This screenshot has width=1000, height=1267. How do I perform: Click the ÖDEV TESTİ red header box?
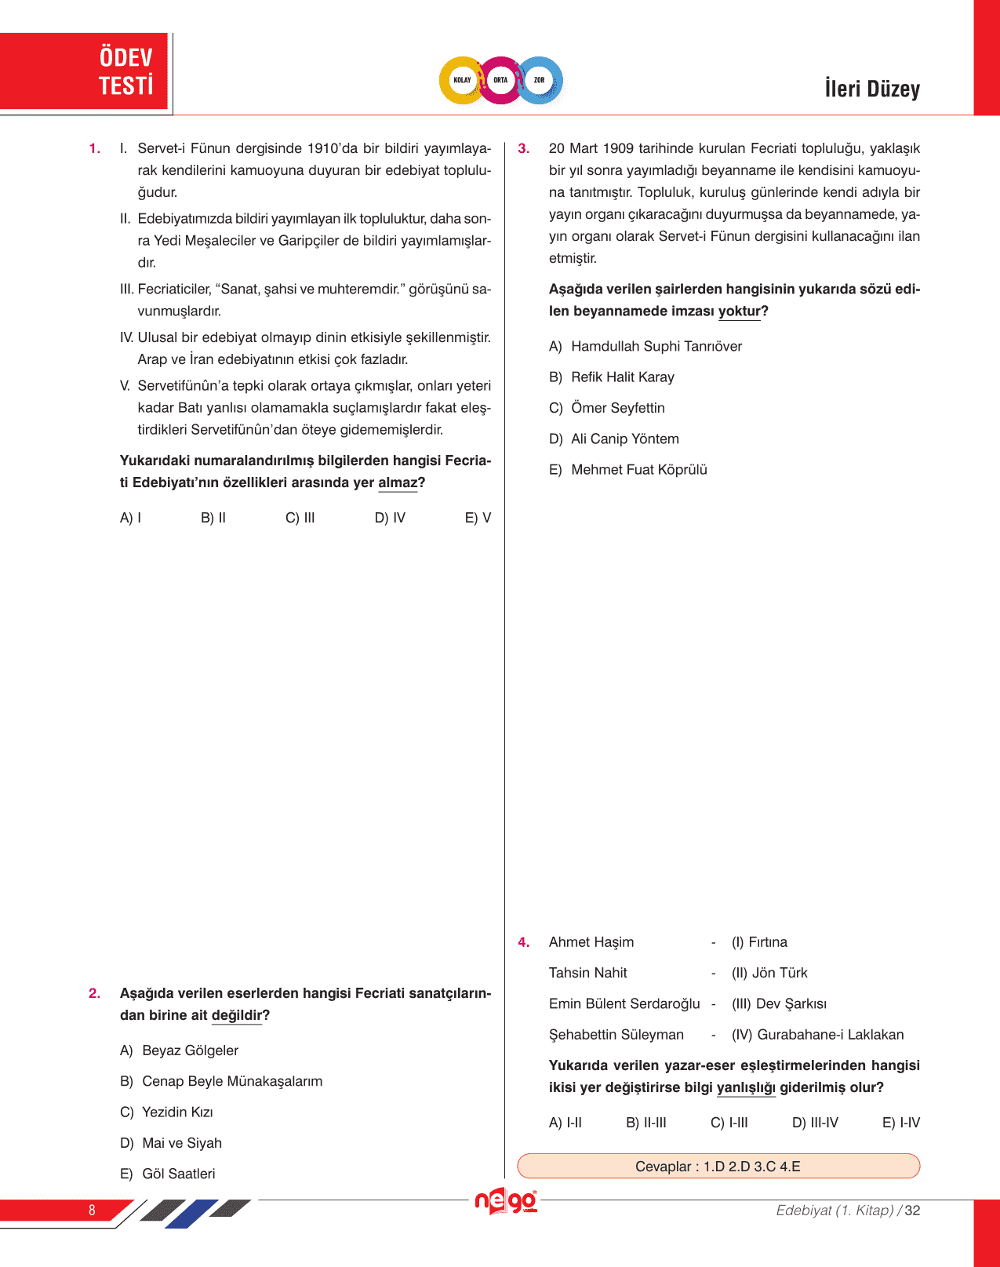[x=85, y=71]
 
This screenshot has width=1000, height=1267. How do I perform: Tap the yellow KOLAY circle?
[x=462, y=80]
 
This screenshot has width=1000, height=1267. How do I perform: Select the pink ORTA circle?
[x=500, y=80]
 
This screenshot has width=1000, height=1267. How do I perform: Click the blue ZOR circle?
[x=540, y=80]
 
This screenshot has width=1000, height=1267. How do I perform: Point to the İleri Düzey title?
[x=872, y=89]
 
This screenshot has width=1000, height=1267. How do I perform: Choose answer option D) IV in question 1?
[x=390, y=518]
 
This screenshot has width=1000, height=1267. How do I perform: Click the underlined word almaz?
[x=398, y=482]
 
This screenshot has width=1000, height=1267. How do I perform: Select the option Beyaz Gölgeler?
[x=190, y=1050]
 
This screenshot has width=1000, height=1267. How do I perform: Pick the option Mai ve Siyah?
[x=182, y=1143]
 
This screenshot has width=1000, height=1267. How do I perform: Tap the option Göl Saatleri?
[x=178, y=1174]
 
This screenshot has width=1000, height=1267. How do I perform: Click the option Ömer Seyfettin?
[x=617, y=408]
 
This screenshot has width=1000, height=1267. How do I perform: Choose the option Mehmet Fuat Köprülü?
[x=638, y=470]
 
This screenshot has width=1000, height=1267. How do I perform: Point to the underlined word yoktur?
[x=739, y=311]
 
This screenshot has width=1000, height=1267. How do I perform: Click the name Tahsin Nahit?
[x=588, y=973]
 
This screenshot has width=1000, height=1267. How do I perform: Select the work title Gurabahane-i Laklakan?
[x=830, y=1035]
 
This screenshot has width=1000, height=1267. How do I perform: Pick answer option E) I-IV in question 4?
[x=900, y=1123]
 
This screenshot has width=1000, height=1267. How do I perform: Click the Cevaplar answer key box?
[x=718, y=1167]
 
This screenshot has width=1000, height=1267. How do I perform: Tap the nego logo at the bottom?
[x=506, y=1201]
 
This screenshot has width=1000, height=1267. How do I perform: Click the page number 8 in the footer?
[x=92, y=1210]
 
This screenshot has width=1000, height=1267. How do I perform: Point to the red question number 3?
[x=524, y=148]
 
